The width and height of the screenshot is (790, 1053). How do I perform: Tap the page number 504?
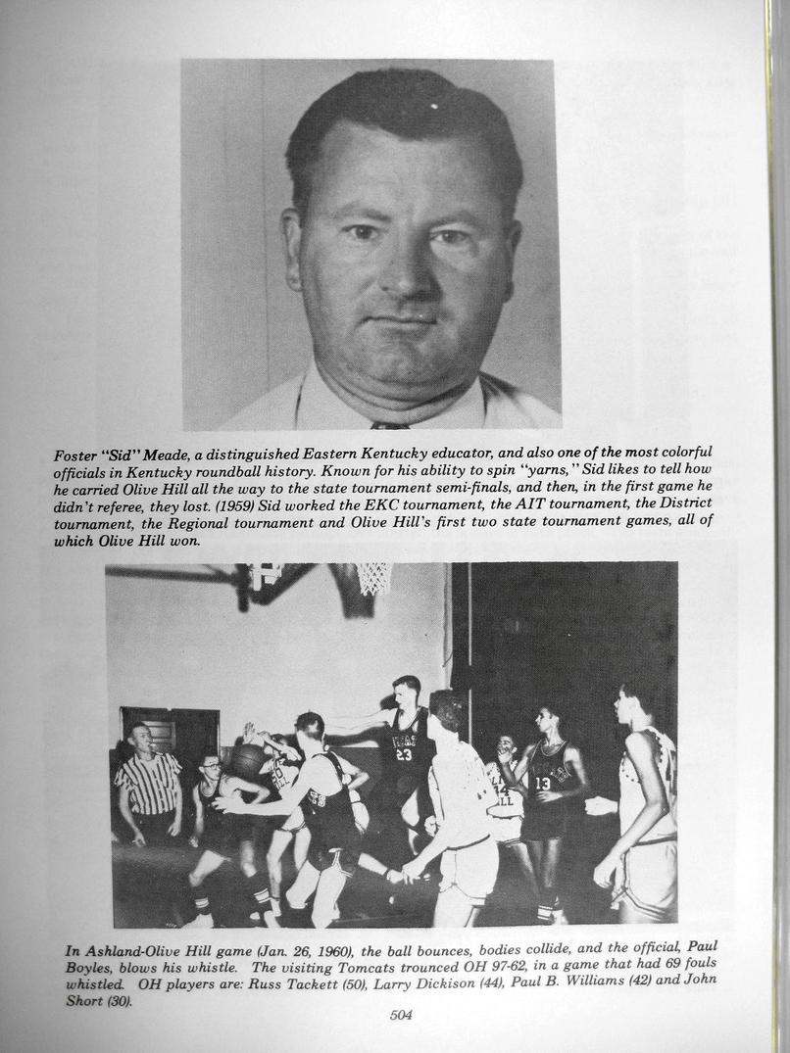coord(400,1015)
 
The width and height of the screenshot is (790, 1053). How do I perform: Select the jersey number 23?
coord(404,753)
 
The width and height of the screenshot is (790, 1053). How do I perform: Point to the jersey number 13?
coord(543,784)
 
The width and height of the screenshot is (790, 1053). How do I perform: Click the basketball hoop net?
coord(373,578)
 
